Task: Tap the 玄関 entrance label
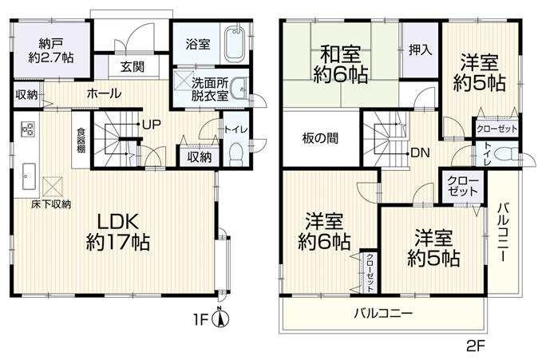tap(133, 67)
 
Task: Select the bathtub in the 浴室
tap(234, 45)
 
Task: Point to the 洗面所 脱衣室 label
tap(209, 88)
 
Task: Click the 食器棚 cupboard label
tap(81, 141)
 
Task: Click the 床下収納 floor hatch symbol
tap(53, 187)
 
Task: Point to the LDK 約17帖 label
tap(119, 231)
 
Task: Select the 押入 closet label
tap(419, 49)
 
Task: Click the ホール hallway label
tap(104, 94)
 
